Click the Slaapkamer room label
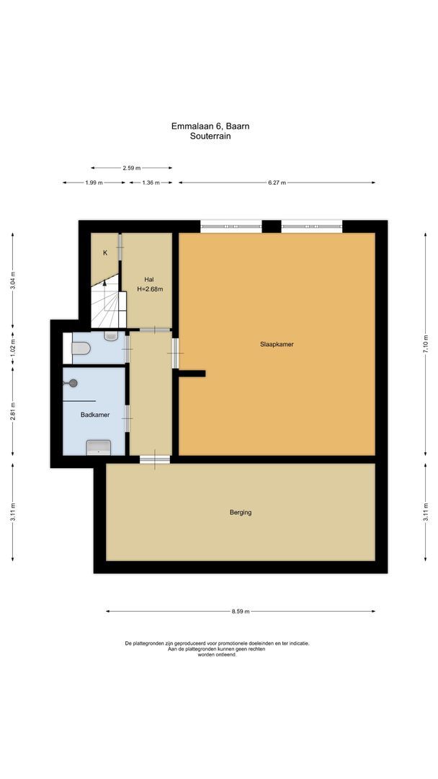[x=277, y=345]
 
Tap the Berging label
[x=241, y=513]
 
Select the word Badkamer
[x=94, y=415]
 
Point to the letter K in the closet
[x=105, y=253]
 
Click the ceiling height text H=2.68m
[x=150, y=289]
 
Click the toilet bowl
[x=81, y=349]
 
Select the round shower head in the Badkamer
[x=71, y=384]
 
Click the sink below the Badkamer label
[x=98, y=447]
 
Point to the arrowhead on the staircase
[x=105, y=283]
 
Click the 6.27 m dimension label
[x=277, y=183]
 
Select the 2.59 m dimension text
[x=131, y=168]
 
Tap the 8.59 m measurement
[x=241, y=612]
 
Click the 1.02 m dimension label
[x=12, y=347]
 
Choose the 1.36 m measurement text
[x=151, y=183]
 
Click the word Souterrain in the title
[x=210, y=136]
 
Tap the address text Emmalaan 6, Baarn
[x=210, y=126]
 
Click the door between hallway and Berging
[x=154, y=459]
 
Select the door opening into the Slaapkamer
[x=175, y=353]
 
